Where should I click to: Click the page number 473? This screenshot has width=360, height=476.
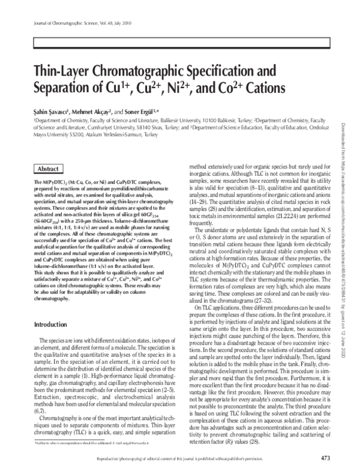tap(326, 459)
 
